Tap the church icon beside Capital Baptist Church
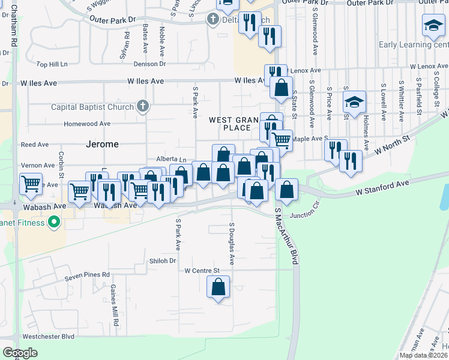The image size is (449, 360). [x=142, y=107]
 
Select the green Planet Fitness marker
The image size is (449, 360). [x=54, y=223]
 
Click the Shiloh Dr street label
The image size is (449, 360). [x=163, y=261]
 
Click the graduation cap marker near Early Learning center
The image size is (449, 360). [x=433, y=25]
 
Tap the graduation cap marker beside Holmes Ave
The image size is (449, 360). [x=354, y=101]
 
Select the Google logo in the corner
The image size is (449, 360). [x=20, y=353]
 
